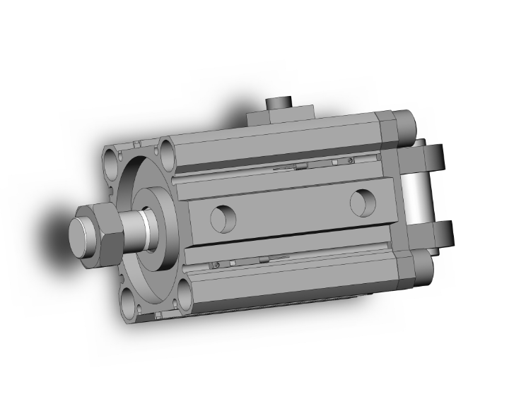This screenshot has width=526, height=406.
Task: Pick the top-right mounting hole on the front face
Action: (x=168, y=150)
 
